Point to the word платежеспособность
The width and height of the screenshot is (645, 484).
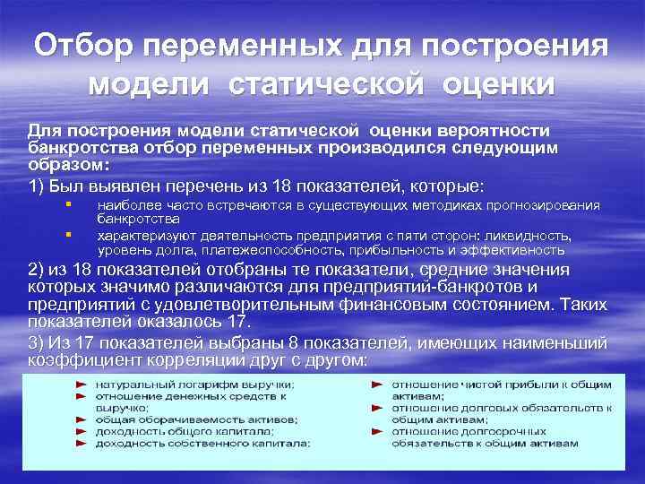(293, 250)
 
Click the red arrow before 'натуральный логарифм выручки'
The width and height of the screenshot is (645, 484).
(81, 385)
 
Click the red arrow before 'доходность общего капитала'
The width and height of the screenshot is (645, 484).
(81, 430)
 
